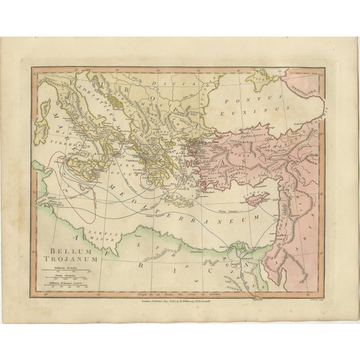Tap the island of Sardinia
42,126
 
